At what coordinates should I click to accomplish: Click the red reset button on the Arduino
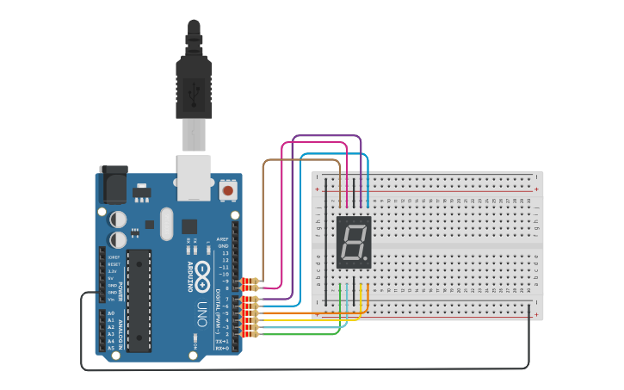(228, 189)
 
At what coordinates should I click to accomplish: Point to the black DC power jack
(113, 184)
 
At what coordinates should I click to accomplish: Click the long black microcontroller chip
(139, 300)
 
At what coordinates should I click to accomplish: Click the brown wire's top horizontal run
(301, 160)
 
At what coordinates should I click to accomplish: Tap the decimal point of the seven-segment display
(368, 259)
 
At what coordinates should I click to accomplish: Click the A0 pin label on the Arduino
(111, 313)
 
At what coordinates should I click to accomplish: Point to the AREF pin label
(223, 238)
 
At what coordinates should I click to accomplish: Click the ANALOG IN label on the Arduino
(120, 330)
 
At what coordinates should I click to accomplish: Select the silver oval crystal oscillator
(166, 225)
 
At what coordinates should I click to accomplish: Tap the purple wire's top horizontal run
(327, 136)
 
